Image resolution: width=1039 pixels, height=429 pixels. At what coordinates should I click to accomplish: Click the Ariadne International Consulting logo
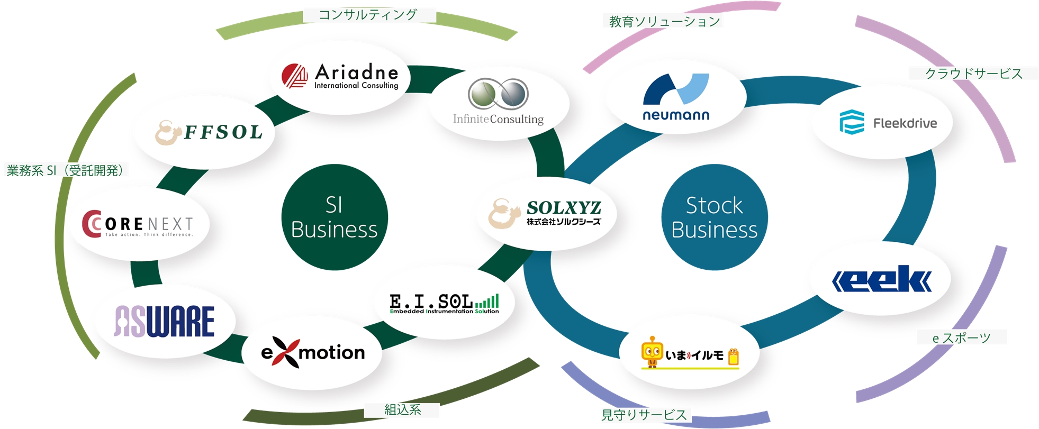pos(340,77)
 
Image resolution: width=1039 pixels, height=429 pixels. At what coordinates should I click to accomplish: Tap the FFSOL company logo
pos(209,132)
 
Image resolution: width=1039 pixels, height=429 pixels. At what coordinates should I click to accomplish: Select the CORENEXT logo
pos(138,224)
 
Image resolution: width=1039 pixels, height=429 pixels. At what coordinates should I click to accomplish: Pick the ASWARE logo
pos(165,321)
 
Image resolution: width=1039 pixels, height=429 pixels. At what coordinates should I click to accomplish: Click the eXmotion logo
pos(312,352)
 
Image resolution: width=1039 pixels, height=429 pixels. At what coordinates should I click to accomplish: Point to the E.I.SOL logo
pos(444,303)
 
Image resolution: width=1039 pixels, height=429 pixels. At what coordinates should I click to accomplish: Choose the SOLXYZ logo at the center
pos(545,214)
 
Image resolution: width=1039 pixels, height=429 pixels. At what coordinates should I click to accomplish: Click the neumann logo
pos(676,97)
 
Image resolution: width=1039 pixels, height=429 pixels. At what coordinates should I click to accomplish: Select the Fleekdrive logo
pos(888,123)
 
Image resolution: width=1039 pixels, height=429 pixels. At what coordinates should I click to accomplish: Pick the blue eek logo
pos(882,279)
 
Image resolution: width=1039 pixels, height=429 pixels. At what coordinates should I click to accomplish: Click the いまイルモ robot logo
pos(690,353)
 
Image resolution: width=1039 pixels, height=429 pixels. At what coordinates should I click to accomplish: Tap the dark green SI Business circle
pos(335,217)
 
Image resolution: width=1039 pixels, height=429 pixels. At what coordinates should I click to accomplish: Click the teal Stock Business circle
pos(714,217)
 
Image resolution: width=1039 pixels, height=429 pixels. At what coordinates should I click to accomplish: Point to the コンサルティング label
pos(368,15)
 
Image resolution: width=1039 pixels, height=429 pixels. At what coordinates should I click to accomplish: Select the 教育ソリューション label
pos(664,22)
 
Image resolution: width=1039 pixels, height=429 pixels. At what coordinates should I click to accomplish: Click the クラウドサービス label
pos(973,74)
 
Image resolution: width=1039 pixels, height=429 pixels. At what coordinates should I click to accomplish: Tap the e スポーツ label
pos(961,337)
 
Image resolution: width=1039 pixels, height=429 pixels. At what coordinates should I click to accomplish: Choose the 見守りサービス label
pos(644,415)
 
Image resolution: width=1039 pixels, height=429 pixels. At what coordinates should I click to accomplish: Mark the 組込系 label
pos(402,409)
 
